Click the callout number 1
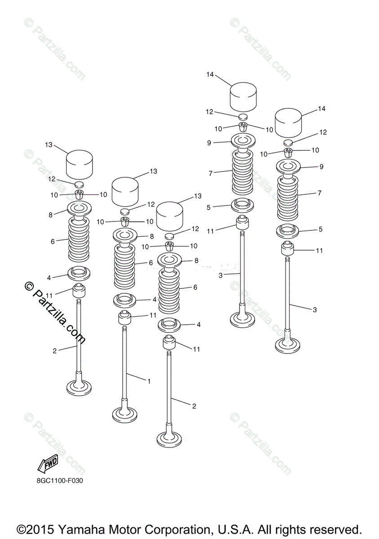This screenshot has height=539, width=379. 149,381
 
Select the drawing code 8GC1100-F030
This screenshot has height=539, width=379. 60,481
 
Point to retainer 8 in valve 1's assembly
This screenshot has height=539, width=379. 125,235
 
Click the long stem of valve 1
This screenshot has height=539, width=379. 125,359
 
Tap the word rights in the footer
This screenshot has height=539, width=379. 298,528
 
